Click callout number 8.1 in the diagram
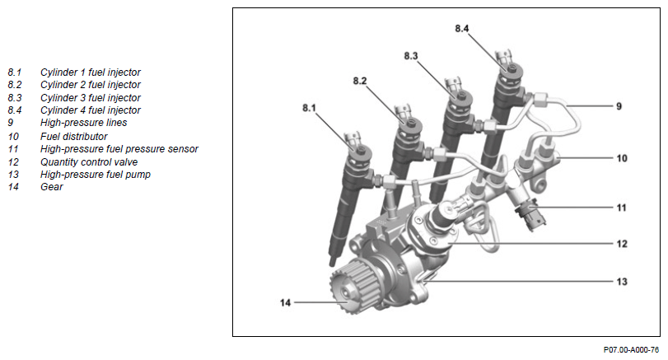(x=309, y=108)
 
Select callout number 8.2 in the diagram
(x=360, y=81)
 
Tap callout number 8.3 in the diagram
(x=411, y=55)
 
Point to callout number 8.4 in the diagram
(x=462, y=29)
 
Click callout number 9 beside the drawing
(x=619, y=107)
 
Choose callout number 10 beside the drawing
(x=622, y=157)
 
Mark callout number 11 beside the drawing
(x=622, y=208)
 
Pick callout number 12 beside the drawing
(x=622, y=244)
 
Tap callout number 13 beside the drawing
(x=622, y=282)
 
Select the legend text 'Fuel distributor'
(x=73, y=136)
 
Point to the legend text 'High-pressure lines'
(x=83, y=123)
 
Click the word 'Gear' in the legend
(x=51, y=187)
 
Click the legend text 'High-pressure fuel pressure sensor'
(x=119, y=148)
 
